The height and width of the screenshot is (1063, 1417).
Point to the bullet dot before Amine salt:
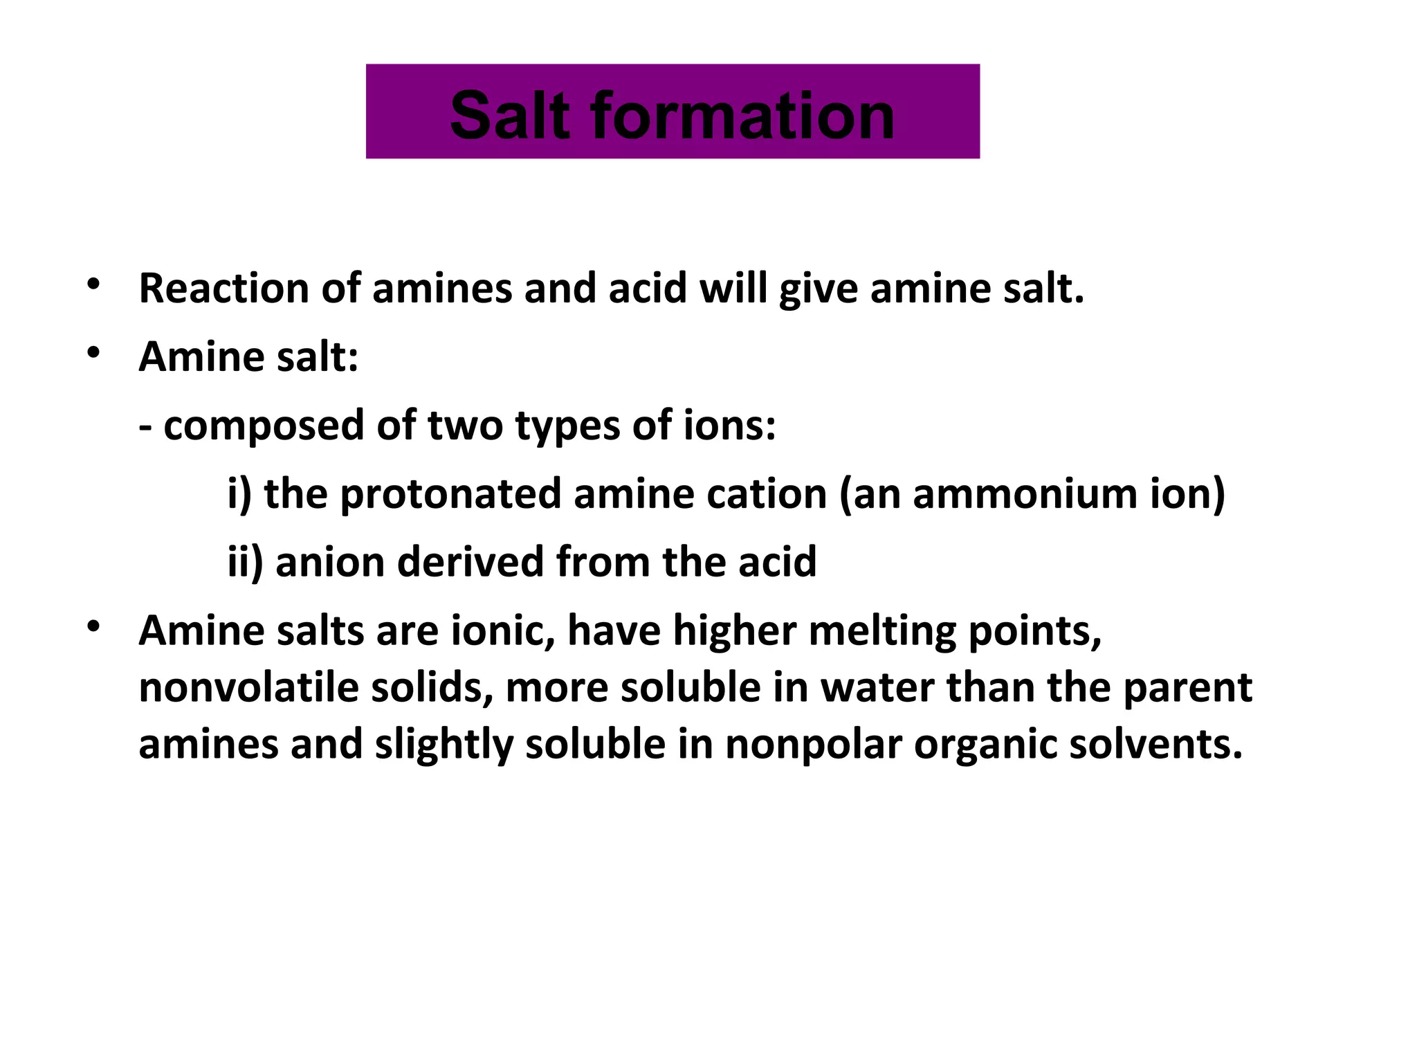(x=93, y=353)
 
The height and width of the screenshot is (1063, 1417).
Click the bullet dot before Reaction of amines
(x=93, y=284)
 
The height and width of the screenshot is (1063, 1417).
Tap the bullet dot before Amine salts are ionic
(x=93, y=627)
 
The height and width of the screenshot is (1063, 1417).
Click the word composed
(x=264, y=426)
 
